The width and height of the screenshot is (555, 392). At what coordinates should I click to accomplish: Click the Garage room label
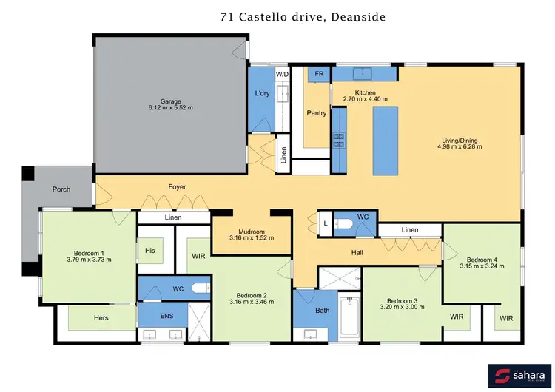(x=171, y=101)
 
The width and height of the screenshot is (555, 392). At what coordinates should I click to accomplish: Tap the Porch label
(x=61, y=189)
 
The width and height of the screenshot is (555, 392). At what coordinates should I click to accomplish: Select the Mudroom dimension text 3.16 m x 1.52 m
(x=252, y=238)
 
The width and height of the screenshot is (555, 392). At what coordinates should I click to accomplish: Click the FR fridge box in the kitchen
(x=320, y=75)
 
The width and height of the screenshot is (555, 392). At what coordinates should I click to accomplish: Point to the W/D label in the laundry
(x=282, y=75)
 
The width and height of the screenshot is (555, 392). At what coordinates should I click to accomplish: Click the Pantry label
(x=317, y=113)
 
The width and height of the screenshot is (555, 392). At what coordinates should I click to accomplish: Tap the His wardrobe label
(x=149, y=251)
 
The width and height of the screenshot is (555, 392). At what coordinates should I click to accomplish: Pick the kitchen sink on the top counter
(x=363, y=74)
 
